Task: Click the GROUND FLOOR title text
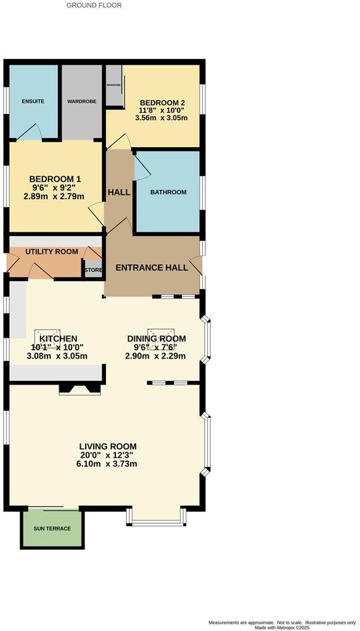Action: tap(94, 5)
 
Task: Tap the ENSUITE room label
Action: tap(33, 101)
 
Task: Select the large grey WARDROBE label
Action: tap(81, 101)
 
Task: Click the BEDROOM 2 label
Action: tap(162, 103)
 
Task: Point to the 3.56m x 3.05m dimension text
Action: tap(162, 118)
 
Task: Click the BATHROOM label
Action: tap(168, 192)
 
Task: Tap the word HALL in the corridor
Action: tap(119, 192)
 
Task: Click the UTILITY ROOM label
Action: tap(51, 251)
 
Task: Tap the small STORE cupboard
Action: tap(93, 269)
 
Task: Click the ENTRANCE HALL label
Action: tap(152, 268)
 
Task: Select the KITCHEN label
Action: tap(58, 339)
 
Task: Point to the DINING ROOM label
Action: tap(156, 339)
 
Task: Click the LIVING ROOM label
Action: tap(107, 447)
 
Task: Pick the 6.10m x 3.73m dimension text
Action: tap(107, 463)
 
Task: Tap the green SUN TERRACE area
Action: tap(52, 529)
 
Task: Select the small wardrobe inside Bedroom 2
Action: tap(114, 86)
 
